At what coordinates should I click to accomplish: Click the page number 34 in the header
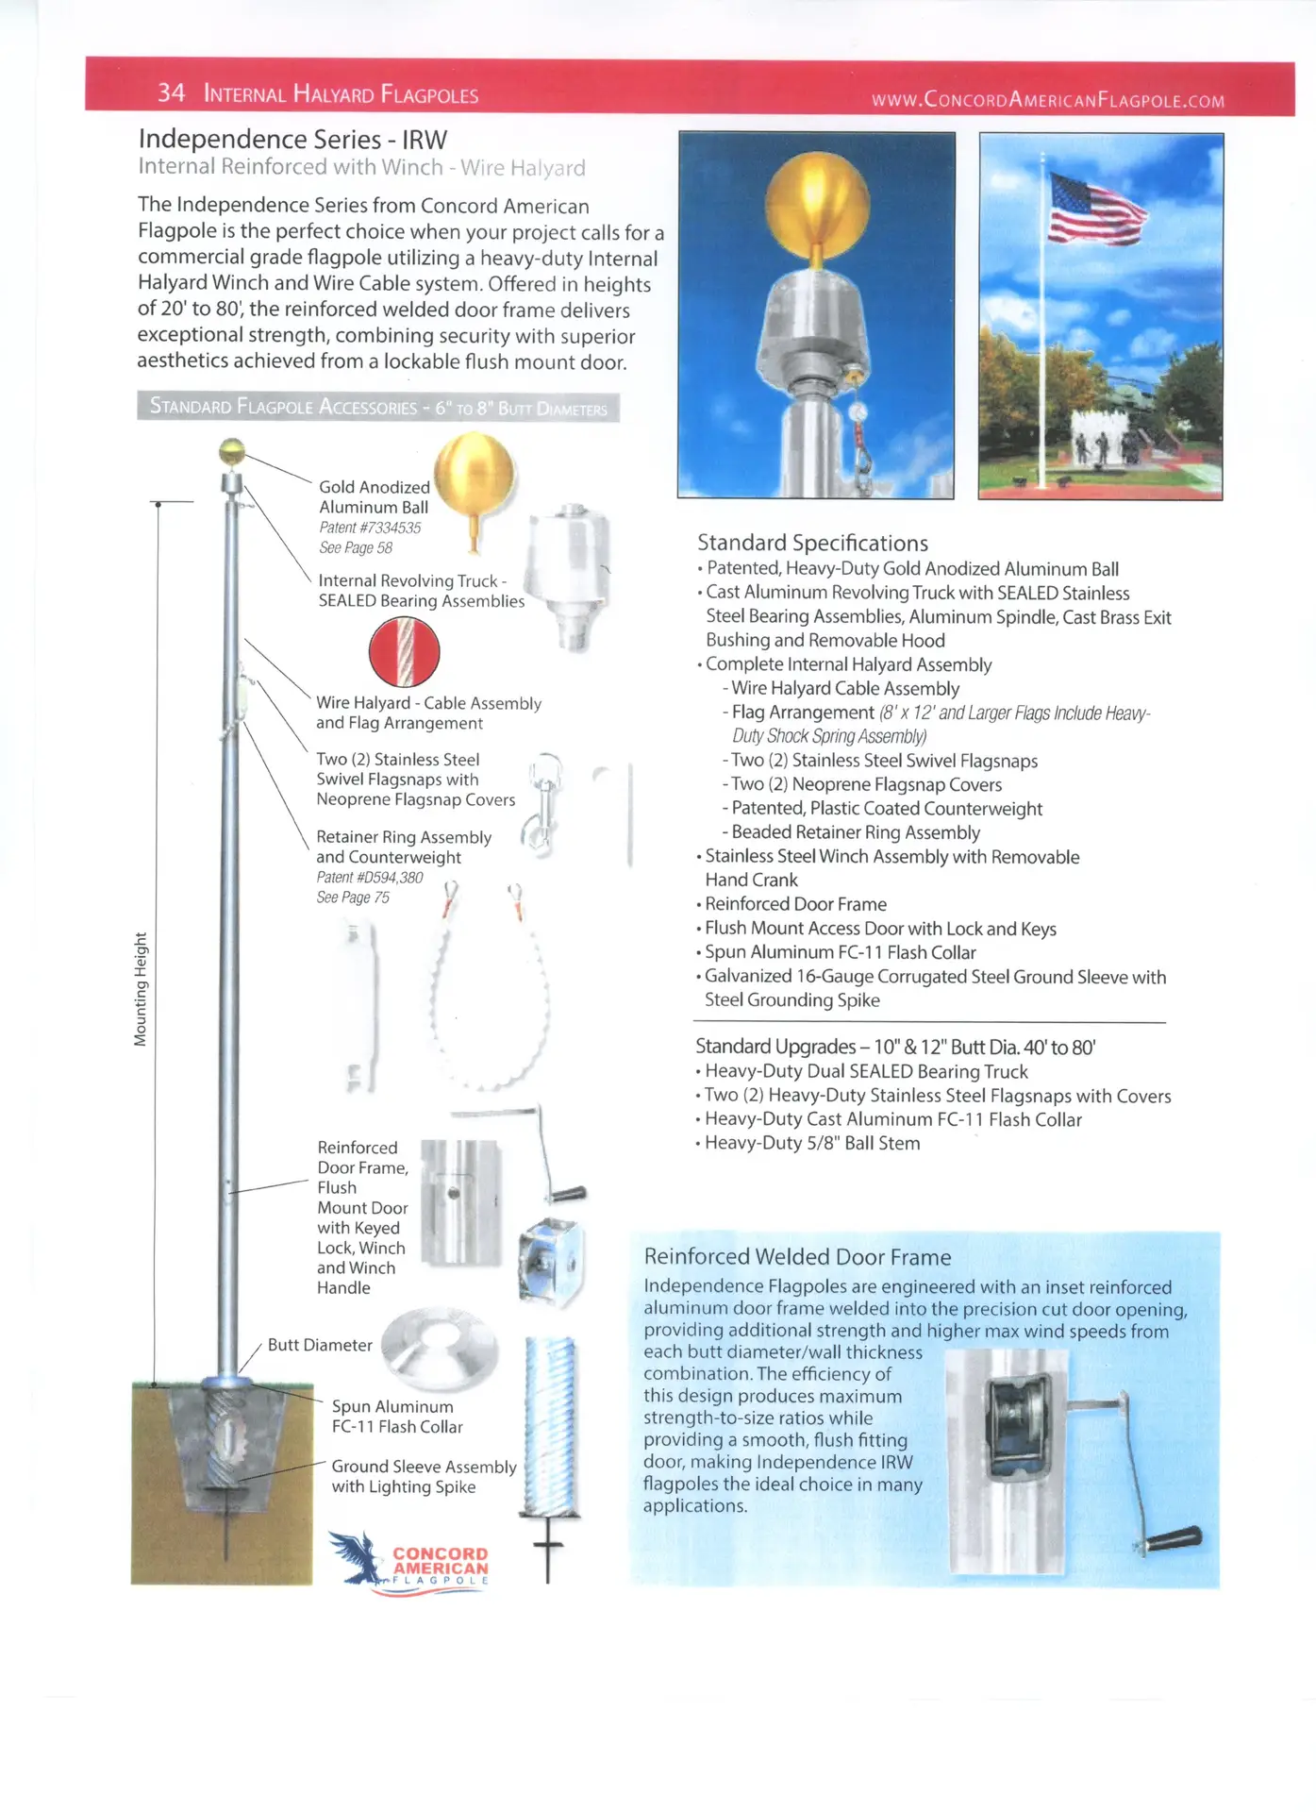point(171,92)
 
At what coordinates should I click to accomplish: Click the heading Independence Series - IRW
point(292,140)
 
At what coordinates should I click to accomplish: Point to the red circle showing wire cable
point(404,652)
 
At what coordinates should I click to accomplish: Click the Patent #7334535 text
point(370,528)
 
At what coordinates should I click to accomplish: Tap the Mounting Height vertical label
point(141,988)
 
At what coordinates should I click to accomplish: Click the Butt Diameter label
point(320,1345)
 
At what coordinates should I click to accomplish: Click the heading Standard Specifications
point(812,543)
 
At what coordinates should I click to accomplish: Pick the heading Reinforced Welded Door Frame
point(797,1257)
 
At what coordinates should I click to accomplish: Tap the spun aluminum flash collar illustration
point(439,1346)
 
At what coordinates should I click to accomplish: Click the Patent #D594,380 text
point(370,877)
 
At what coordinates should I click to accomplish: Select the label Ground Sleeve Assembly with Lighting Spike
point(424,1476)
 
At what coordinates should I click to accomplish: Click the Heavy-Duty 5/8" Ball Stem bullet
point(811,1143)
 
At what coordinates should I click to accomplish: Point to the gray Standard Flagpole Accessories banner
point(378,407)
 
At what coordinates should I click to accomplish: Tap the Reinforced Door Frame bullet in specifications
point(795,904)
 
